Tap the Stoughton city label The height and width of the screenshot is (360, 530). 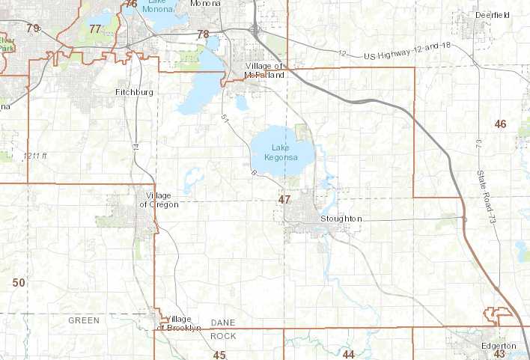341,219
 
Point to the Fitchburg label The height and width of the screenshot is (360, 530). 134,92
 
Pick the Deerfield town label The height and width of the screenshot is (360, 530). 493,14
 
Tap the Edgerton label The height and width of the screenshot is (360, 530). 499,345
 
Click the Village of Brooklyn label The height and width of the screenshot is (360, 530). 178,323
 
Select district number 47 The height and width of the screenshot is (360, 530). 284,200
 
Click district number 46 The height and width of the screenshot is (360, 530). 501,123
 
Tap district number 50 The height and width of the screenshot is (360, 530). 19,282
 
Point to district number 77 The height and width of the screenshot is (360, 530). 95,29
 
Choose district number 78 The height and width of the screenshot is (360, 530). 203,34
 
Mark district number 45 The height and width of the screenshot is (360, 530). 219,355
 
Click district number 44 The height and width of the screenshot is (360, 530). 348,354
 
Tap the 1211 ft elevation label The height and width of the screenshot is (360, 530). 34,156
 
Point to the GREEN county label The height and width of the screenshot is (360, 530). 83,320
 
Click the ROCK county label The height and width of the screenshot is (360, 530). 223,336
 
